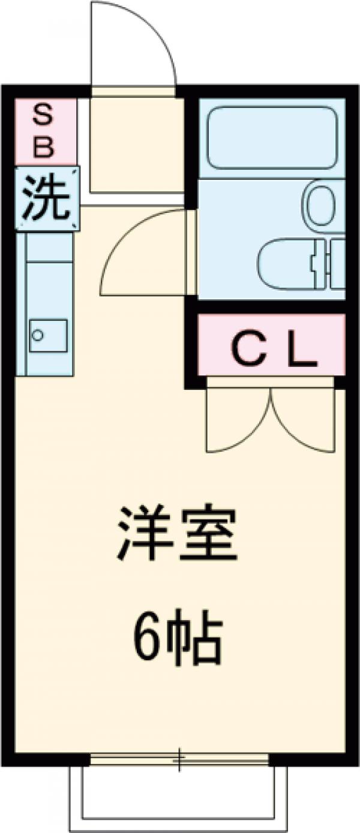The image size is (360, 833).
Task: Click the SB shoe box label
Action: [x=46, y=131]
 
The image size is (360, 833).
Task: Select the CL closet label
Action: [x=273, y=352]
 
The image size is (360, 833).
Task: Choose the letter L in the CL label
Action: [x=301, y=353]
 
